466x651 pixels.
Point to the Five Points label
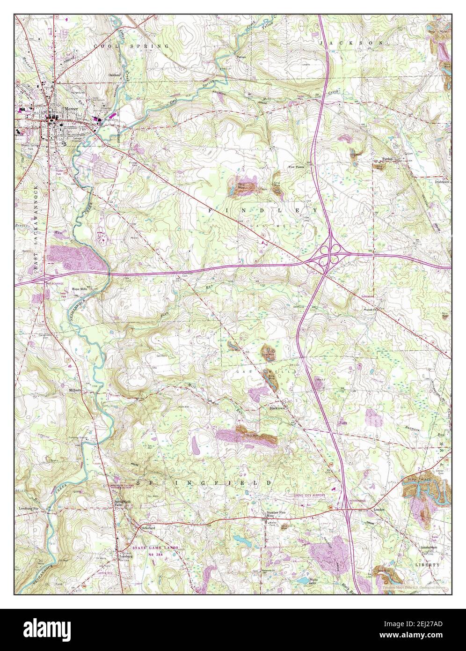pos(296,166)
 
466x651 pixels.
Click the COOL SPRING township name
pos(131,46)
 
